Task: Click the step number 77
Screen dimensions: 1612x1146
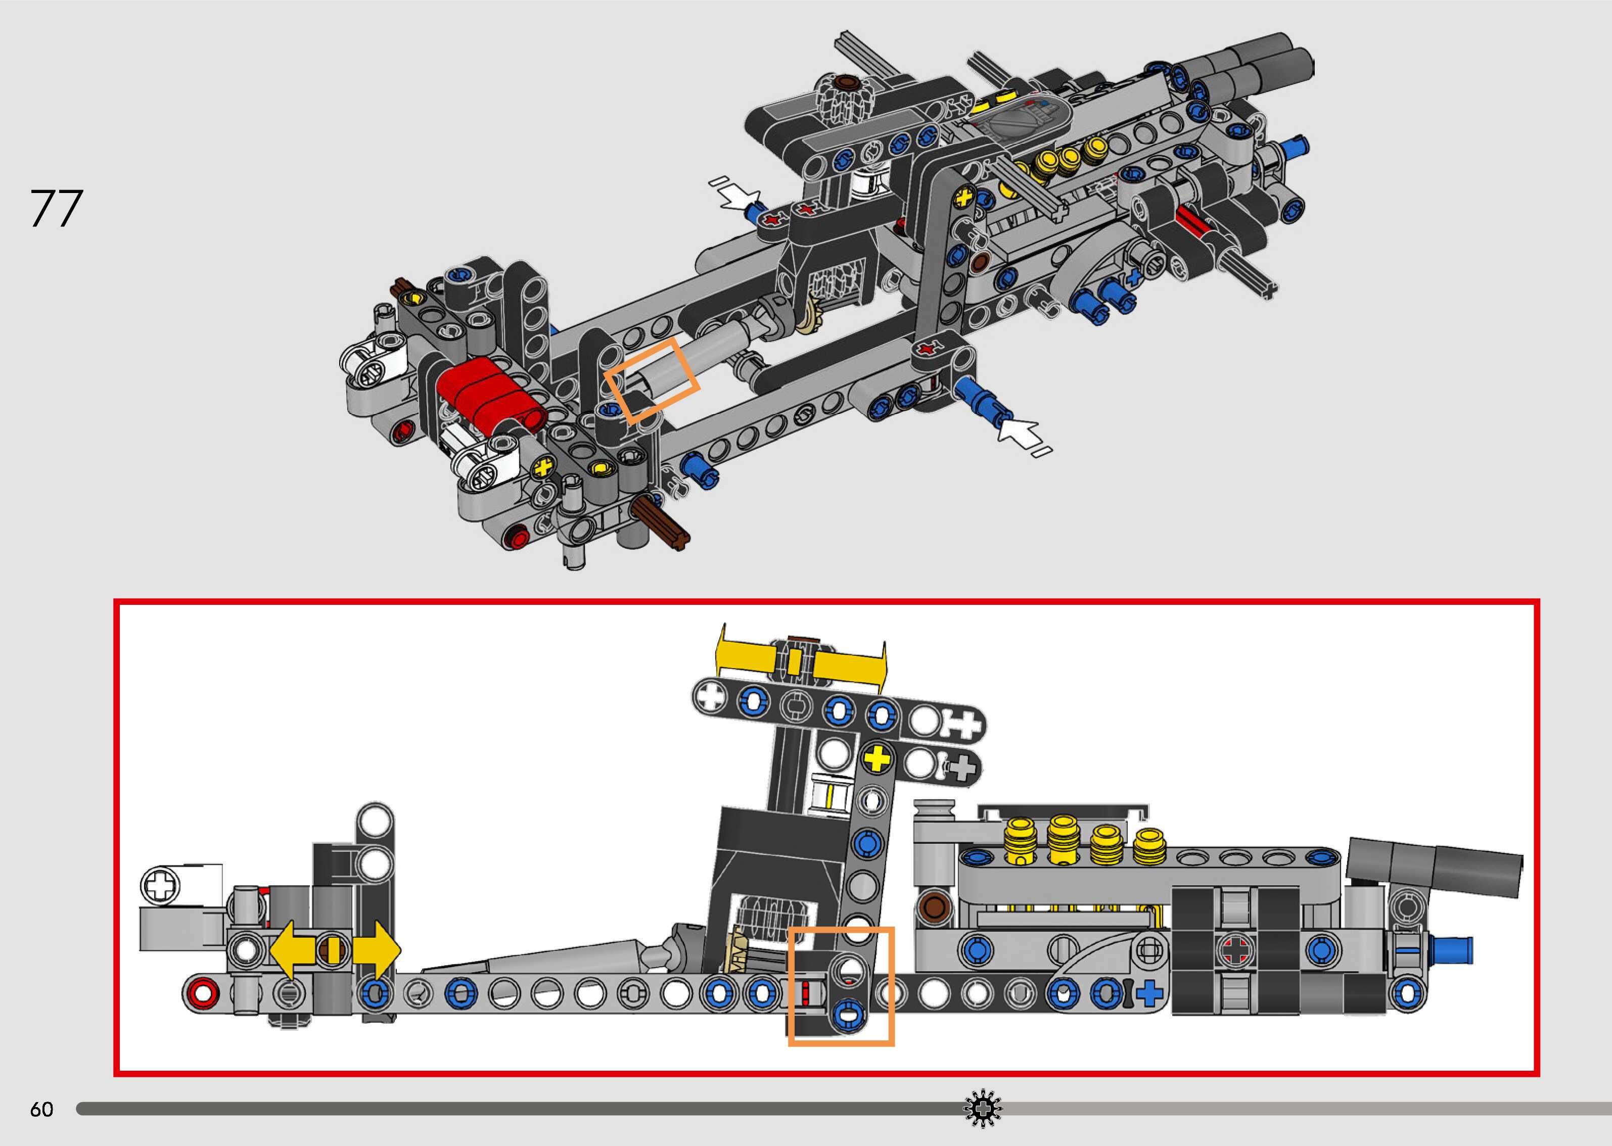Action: [57, 208]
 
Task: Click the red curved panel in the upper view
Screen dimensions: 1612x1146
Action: [490, 394]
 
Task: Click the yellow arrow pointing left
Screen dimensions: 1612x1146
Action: [297, 950]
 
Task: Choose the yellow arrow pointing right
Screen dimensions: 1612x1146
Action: [376, 950]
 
